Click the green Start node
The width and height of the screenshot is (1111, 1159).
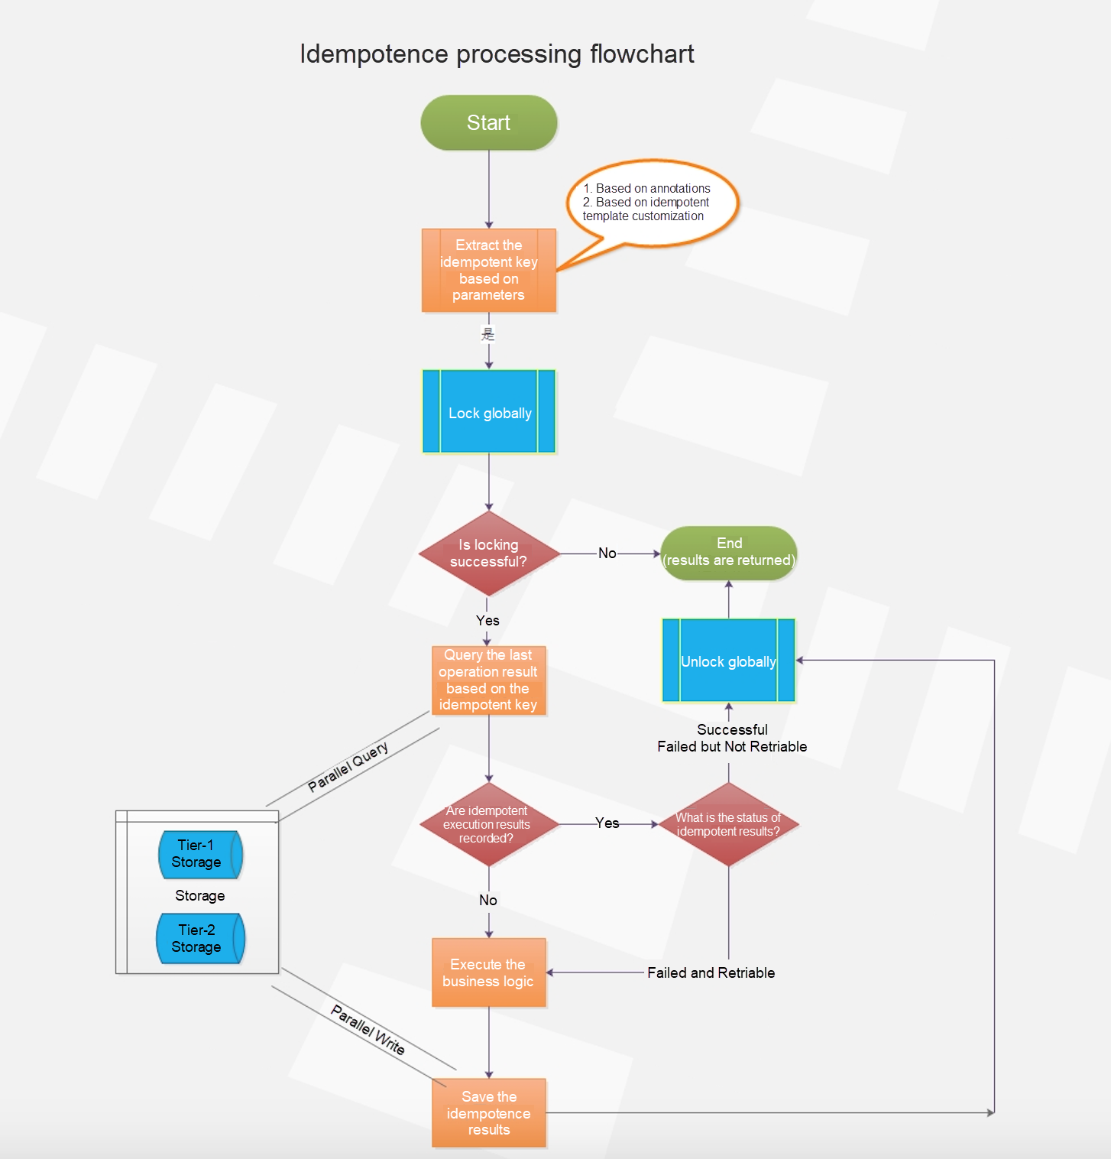[488, 122]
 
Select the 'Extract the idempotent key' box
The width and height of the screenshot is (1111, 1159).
[488, 270]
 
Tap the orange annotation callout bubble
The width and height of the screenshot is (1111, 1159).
[652, 203]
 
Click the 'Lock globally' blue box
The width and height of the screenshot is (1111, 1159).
[489, 412]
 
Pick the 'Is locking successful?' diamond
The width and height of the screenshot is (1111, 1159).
[488, 554]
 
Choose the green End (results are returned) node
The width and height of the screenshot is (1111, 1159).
[728, 552]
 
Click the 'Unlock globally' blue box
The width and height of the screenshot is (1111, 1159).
[728, 661]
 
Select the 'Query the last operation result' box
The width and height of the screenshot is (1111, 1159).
[488, 680]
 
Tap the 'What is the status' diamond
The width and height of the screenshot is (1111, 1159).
[728, 824]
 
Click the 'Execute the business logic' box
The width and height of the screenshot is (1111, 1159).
[488, 972]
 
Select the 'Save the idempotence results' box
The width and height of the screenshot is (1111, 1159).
[489, 1112]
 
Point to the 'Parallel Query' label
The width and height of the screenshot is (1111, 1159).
[348, 767]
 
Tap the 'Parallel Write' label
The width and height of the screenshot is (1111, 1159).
[368, 1030]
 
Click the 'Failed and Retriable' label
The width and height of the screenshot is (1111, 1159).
[711, 972]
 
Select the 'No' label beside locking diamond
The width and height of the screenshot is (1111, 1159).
[607, 553]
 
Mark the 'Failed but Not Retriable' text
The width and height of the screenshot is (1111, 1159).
[732, 746]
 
